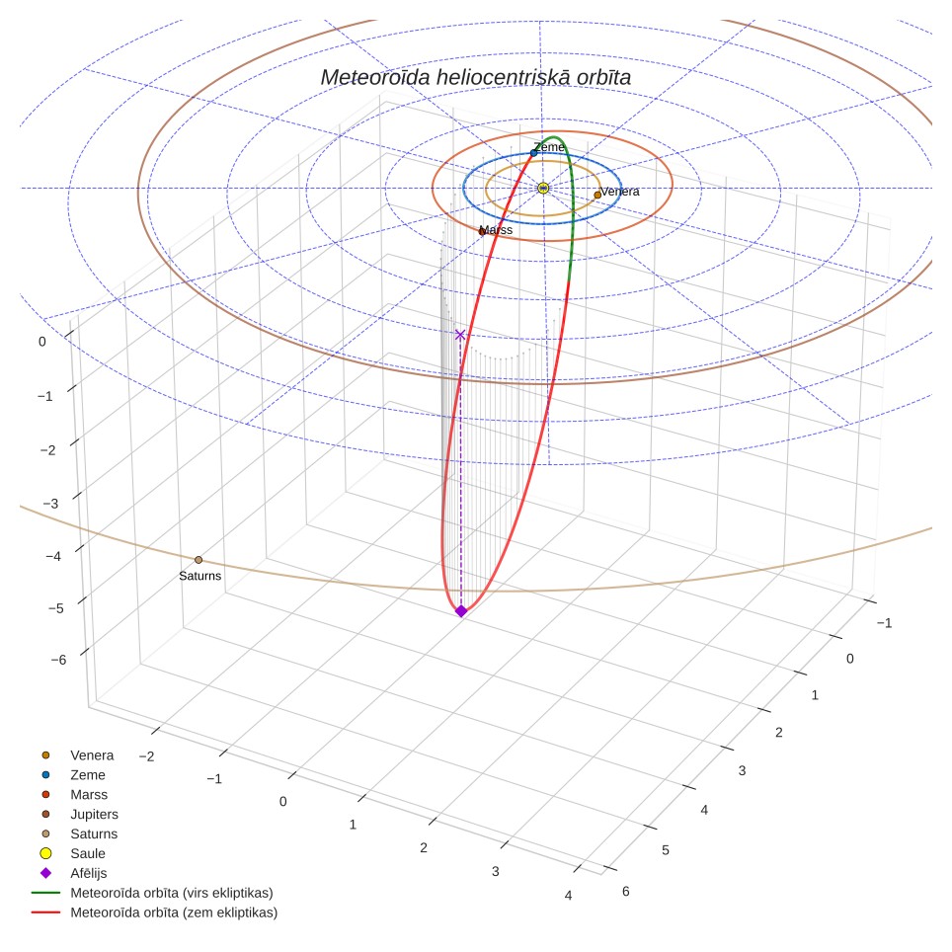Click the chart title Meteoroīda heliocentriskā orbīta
click(475, 77)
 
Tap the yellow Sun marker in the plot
click(543, 189)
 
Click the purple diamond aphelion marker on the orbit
click(461, 610)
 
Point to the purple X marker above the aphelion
click(460, 335)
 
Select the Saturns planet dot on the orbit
click(198, 560)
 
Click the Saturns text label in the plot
click(200, 576)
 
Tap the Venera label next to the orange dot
click(620, 192)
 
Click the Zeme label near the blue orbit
click(549, 147)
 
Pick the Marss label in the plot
click(496, 229)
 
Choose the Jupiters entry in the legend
click(94, 814)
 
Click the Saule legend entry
click(88, 853)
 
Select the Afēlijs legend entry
click(89, 873)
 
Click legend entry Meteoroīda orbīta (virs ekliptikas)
click(172, 893)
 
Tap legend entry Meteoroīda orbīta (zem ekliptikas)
click(174, 912)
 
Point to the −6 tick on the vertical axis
click(59, 660)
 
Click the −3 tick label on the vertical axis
click(51, 504)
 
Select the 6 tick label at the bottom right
click(626, 892)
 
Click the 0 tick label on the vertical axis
click(41, 342)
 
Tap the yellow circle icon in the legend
click(45, 853)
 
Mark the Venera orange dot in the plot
click(597, 195)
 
